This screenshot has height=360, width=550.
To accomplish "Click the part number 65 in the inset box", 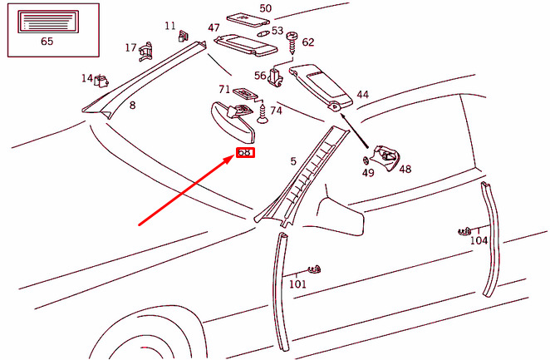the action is pos(47,39).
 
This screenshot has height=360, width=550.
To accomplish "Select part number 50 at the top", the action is pos(265,8).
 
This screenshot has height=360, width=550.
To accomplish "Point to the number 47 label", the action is pos(214,28).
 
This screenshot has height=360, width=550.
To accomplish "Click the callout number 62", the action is pos(308,42).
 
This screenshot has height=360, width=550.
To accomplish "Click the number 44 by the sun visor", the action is pos(362,95).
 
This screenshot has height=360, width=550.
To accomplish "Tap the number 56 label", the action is pos(260,76).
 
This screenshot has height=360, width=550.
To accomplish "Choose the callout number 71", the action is pos(224,89).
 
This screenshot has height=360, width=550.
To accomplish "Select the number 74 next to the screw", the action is pos(276,111).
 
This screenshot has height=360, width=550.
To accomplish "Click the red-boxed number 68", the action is pos(245,153).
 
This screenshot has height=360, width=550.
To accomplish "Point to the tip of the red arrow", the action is pos(233,157).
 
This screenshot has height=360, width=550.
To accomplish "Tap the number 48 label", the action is pos(405,169).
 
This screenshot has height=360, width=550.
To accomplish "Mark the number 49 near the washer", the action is pos(368,173).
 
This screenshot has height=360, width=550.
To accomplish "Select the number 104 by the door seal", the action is pos(479,240).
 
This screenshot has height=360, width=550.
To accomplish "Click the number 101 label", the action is pos(297,284).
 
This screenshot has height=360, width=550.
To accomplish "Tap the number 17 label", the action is pos(130,47).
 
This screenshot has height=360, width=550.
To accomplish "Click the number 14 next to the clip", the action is pos(86,78).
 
